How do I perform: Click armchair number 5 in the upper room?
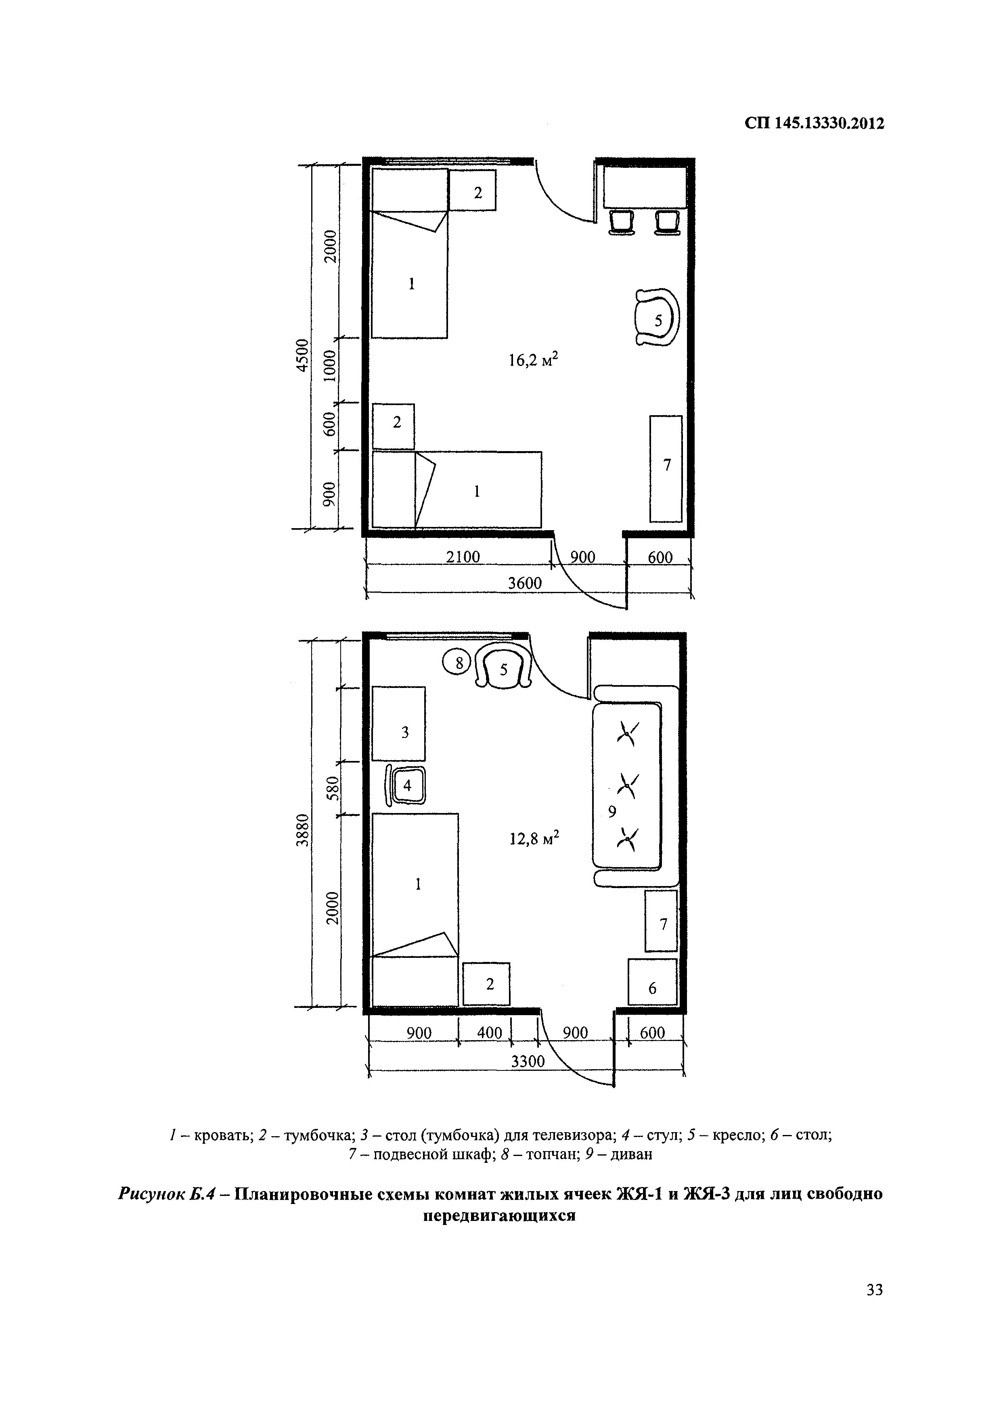657,318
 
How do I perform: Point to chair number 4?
406,785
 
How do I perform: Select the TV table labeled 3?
399,723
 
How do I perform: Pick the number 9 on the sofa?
612,812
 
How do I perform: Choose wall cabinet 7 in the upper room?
666,468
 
